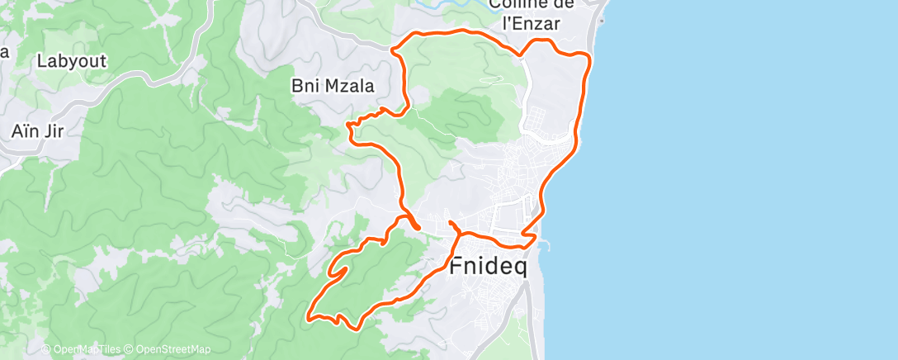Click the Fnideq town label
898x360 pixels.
pos(493,267)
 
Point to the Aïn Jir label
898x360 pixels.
pos(37,130)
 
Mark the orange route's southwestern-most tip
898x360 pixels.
pos(308,316)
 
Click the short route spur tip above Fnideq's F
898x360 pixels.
pos(450,223)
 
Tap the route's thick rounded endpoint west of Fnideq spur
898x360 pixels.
pos(417,227)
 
